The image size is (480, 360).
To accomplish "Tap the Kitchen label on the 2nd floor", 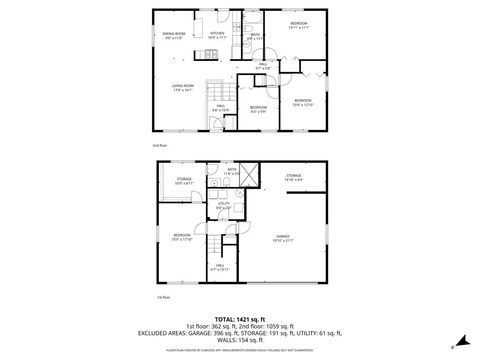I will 217,35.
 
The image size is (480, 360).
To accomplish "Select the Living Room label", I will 182,87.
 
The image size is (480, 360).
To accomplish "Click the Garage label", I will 293,237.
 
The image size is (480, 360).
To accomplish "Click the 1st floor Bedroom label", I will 181,238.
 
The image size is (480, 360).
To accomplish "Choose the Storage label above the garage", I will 293,177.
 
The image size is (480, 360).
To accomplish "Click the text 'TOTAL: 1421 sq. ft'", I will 239,318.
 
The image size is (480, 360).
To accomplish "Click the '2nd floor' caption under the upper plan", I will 158,146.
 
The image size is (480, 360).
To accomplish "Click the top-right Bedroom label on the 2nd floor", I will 298,25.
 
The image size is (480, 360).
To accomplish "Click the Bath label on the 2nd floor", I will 255,37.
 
